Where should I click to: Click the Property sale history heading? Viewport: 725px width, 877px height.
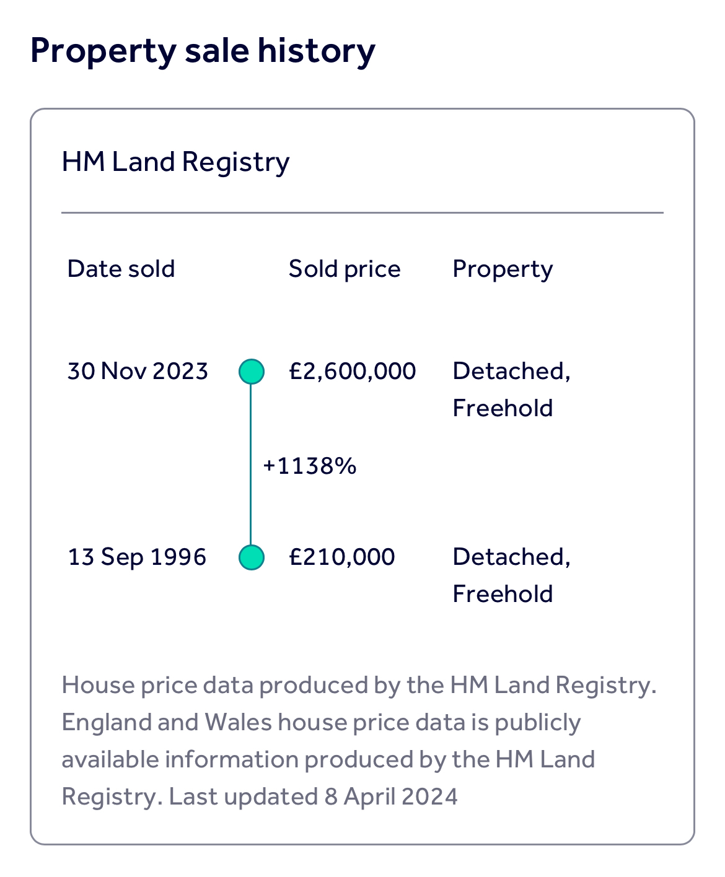click(x=203, y=51)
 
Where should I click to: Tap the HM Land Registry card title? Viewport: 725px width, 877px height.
click(x=175, y=162)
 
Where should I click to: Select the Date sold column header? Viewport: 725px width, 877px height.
click(x=121, y=269)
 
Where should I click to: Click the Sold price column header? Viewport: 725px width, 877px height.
click(x=345, y=269)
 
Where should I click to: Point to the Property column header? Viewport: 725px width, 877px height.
click(x=503, y=269)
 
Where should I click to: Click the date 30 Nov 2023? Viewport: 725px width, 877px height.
click(x=138, y=371)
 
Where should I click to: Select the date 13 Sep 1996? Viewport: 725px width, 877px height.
click(x=137, y=557)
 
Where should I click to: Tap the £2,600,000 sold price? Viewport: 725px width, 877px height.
click(x=352, y=371)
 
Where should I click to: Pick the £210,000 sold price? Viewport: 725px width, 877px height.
click(x=341, y=557)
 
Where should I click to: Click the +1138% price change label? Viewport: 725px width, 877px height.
click(x=310, y=466)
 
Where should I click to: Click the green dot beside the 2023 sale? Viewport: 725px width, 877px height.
click(x=252, y=372)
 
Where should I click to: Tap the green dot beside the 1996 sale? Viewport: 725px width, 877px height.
click(x=252, y=557)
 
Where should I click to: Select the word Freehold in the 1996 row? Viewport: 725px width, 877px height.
click(x=503, y=594)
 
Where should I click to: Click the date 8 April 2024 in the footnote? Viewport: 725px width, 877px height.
click(x=391, y=796)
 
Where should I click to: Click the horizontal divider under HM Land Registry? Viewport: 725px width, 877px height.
click(x=362, y=212)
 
